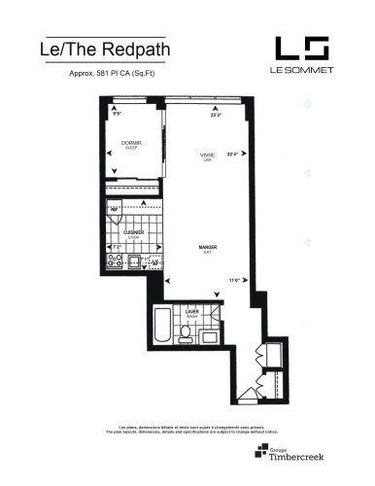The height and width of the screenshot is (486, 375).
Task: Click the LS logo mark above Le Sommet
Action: [x=301, y=49]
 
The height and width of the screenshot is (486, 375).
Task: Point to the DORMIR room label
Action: [x=131, y=143]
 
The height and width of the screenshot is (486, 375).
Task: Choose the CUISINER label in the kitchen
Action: [x=134, y=234]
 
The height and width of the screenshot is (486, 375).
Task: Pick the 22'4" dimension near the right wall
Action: [x=232, y=153]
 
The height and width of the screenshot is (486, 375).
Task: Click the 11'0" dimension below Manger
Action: [x=235, y=281]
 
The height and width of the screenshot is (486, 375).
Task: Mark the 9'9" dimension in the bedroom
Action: [x=118, y=115]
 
